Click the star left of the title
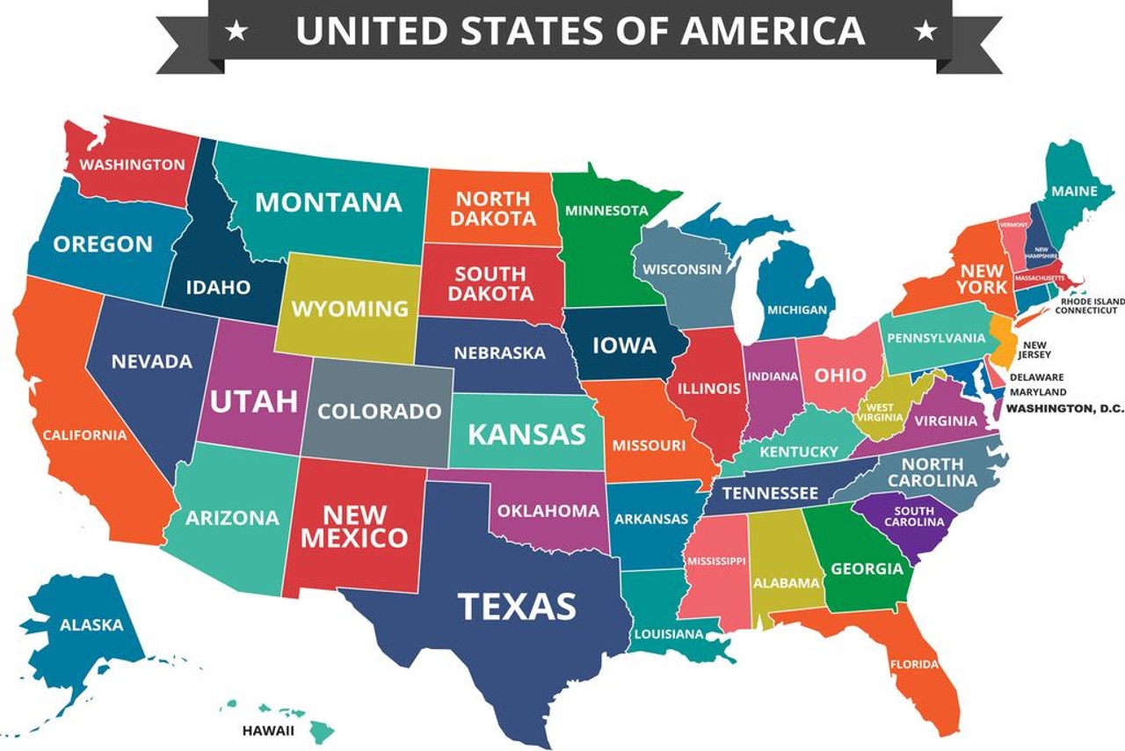236,33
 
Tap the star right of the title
925,33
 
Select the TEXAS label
517,606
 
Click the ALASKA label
91,625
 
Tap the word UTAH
253,401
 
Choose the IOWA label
624,345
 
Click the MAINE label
1074,191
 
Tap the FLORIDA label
914,664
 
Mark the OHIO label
839,375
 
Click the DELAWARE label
1036,377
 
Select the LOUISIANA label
669,633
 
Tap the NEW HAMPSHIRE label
1041,252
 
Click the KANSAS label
526,434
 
